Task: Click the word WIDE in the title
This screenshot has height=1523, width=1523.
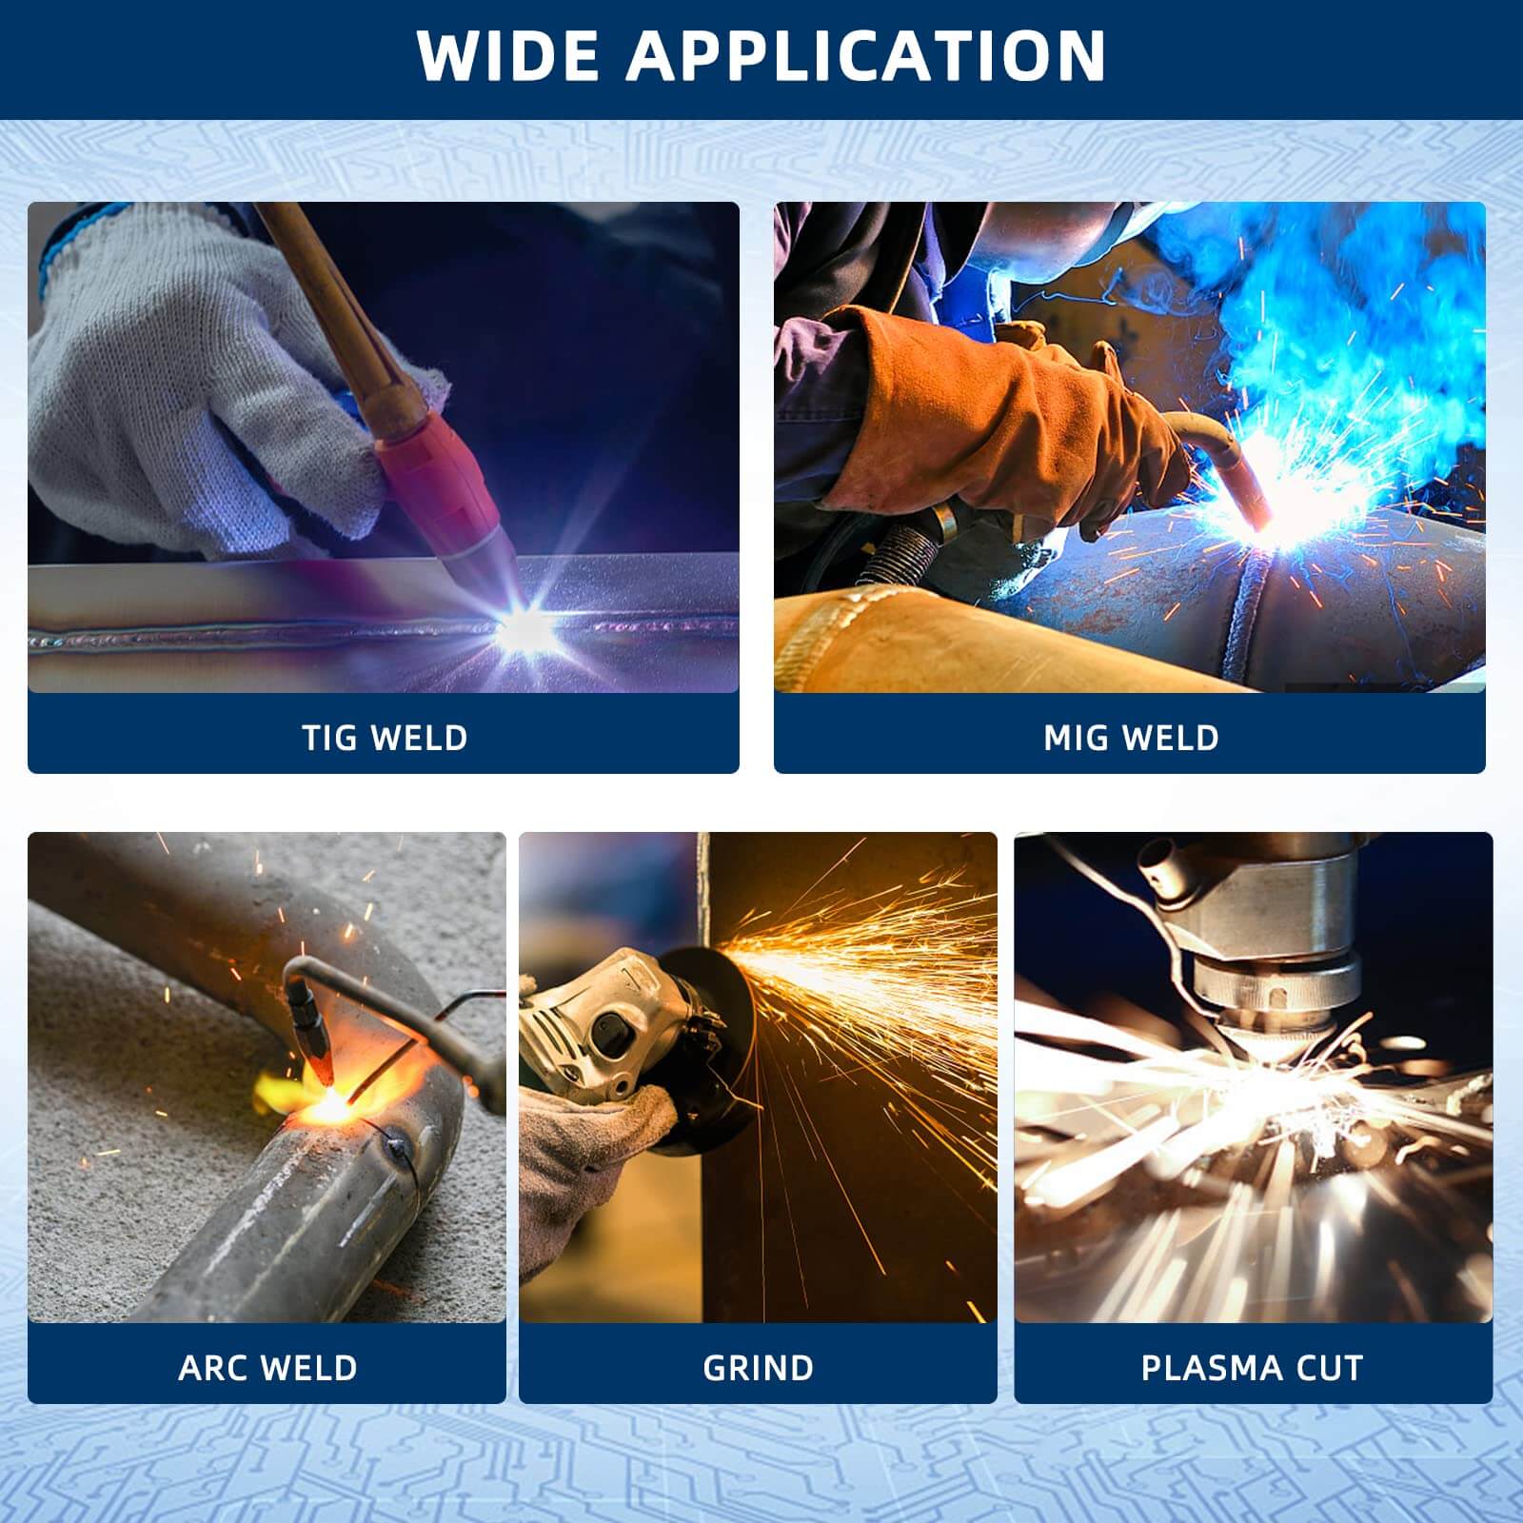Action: point(510,56)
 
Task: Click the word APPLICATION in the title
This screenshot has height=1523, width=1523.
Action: point(865,56)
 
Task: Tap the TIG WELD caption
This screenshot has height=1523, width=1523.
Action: point(385,738)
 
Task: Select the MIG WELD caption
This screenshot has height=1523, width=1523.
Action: point(1131,738)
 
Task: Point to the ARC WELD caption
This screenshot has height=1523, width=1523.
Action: point(267,1368)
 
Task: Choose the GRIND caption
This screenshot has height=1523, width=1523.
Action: point(758,1368)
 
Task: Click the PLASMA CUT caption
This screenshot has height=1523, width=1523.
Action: point(1252,1368)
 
